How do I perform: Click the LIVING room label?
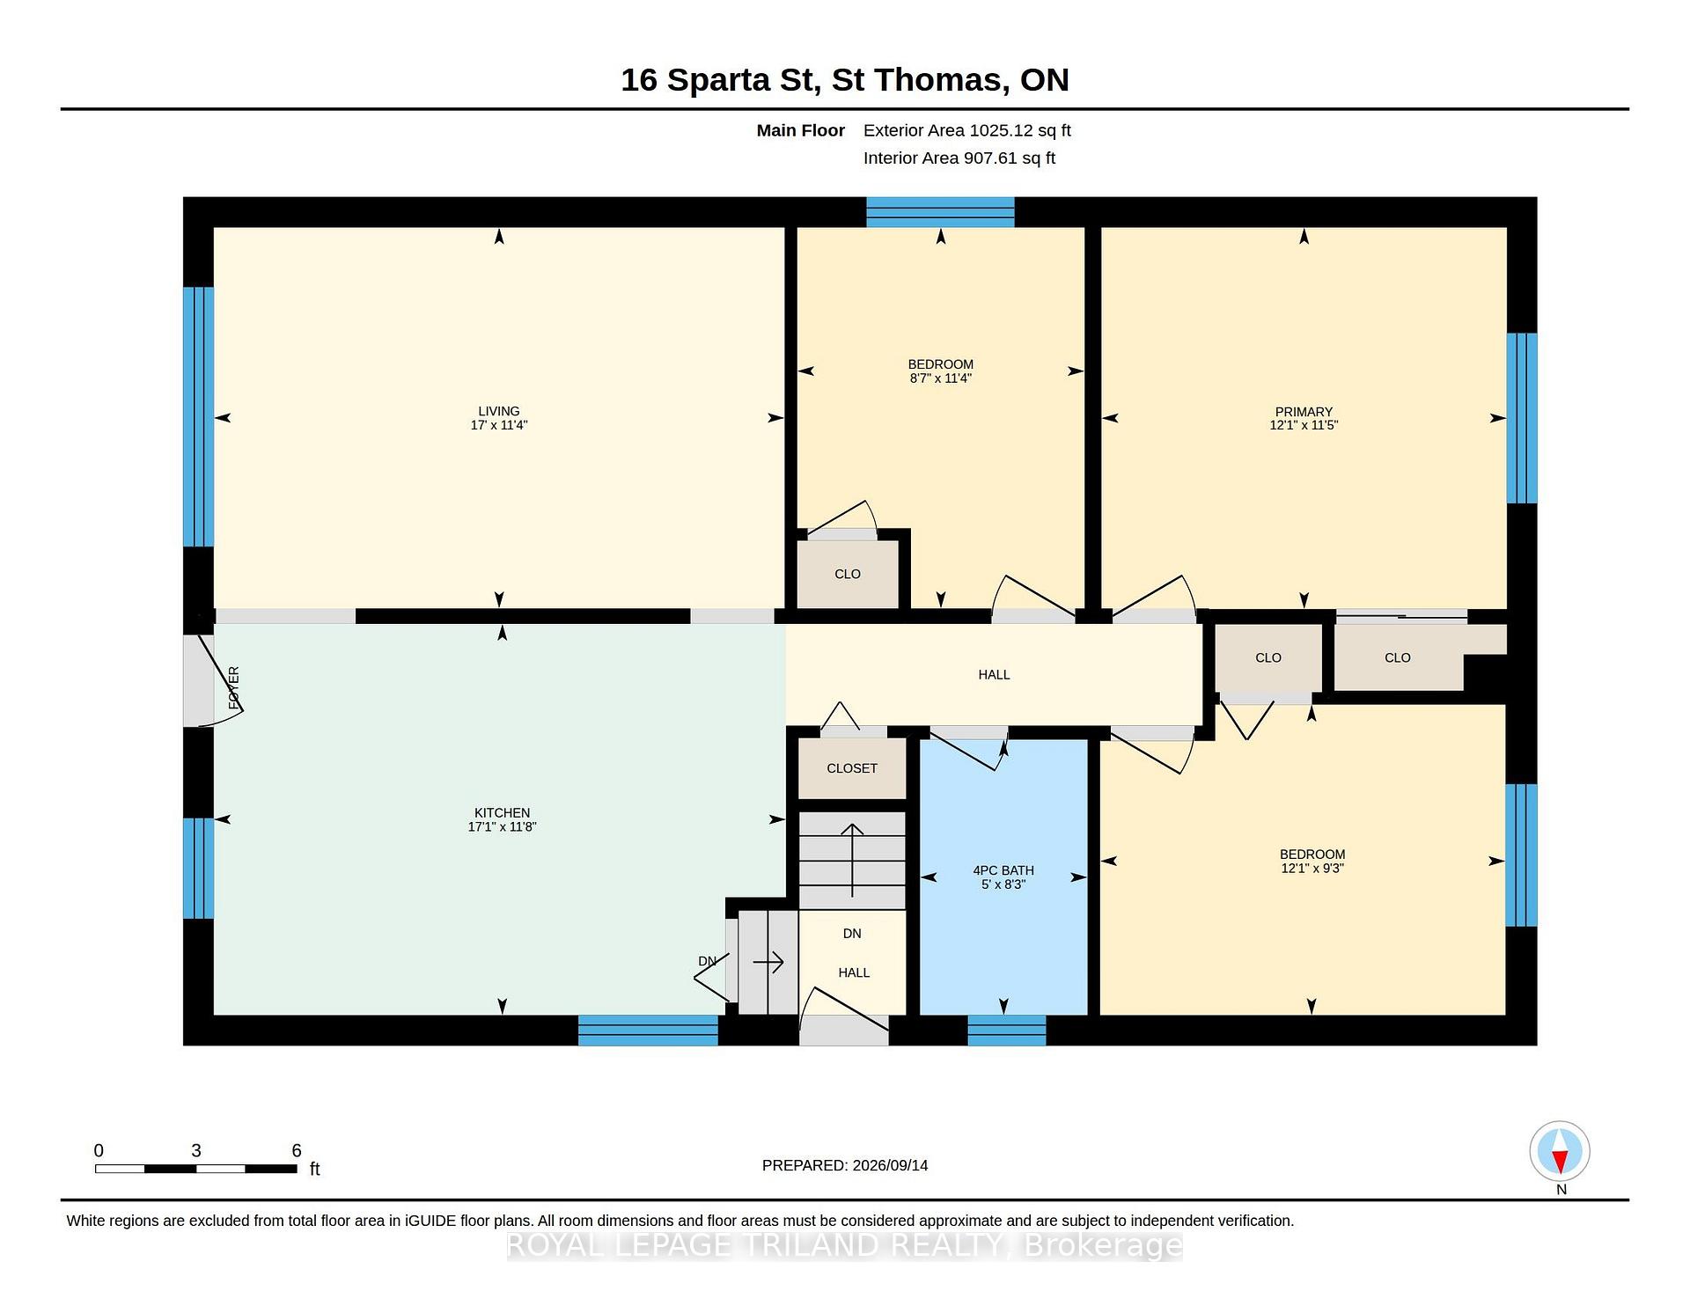pos(498,411)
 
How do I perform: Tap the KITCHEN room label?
pos(502,813)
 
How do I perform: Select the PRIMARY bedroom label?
pos(1304,412)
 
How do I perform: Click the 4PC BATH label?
pos(1003,870)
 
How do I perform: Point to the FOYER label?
pos(233,688)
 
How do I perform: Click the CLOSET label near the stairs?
pos(852,768)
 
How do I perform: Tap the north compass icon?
pos(1560,1151)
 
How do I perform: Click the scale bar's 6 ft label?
pos(297,1150)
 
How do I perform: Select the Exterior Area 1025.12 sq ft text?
pos(966,130)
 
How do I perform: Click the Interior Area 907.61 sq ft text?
pos(959,158)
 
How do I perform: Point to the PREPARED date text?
pos(845,1165)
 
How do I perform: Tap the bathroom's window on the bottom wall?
pos(1007,1031)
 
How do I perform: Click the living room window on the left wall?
pos(199,417)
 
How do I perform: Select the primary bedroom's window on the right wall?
pos(1522,418)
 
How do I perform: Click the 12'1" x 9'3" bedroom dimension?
pos(1312,869)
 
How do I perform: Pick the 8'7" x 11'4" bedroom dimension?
pos(940,378)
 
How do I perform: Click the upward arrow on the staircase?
pos(852,860)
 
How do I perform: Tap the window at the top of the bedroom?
pos(940,212)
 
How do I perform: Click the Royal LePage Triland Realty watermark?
pos(845,1245)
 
